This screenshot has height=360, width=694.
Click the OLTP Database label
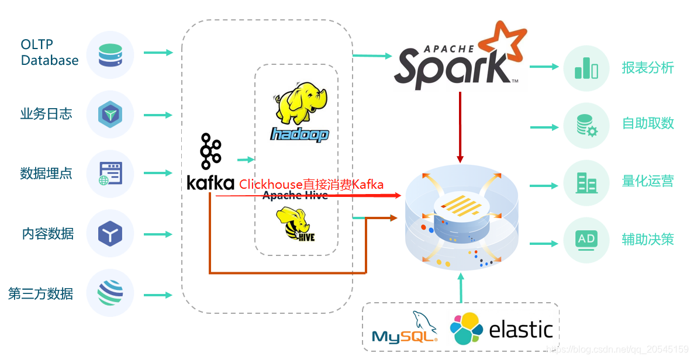pyautogui.click(x=50, y=53)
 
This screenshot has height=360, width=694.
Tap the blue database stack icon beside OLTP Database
pyautogui.click(x=110, y=54)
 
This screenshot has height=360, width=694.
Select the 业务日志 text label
pyautogui.click(x=46, y=114)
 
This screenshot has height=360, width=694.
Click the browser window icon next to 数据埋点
pyautogui.click(x=110, y=174)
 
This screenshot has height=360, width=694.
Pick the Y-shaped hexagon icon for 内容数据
pyautogui.click(x=110, y=234)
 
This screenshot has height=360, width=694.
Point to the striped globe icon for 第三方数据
pyautogui.click(x=110, y=293)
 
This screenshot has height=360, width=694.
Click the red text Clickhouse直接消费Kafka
pyautogui.click(x=311, y=185)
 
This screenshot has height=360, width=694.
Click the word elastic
pyautogui.click(x=520, y=330)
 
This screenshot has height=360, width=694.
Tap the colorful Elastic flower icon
pyautogui.click(x=467, y=328)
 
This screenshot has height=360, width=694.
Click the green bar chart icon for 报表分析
pyautogui.click(x=586, y=68)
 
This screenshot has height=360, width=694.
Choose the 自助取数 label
pyautogui.click(x=648, y=123)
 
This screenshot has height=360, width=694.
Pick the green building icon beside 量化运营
pyautogui.click(x=586, y=183)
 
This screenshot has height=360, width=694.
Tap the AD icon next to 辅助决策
pyautogui.click(x=586, y=239)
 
